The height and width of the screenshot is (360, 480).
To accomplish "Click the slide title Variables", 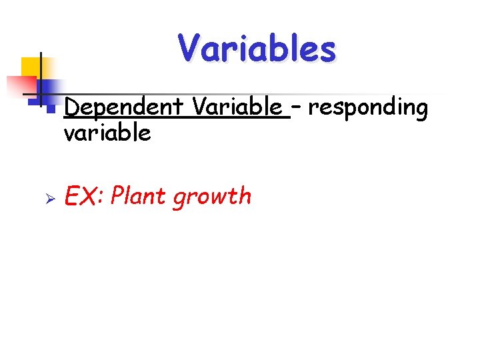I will pyautogui.click(x=257, y=49).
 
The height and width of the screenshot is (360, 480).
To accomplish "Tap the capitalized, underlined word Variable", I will pyautogui.click(x=237, y=107).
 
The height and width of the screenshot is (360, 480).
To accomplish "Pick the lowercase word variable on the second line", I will pyautogui.click(x=107, y=133).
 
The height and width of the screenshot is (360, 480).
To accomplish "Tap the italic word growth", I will pyautogui.click(x=212, y=197).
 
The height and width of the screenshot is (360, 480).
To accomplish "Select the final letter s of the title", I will pyautogui.click(x=327, y=51).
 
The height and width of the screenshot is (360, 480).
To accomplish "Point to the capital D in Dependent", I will pyautogui.click(x=71, y=107).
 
